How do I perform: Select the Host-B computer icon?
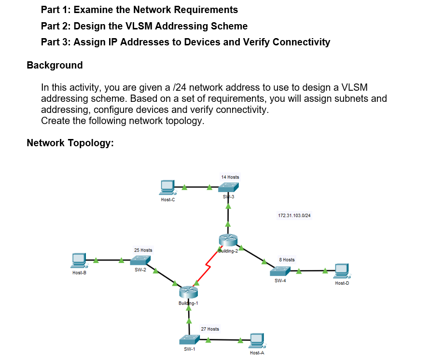[x=79, y=261]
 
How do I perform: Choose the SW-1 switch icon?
[x=189, y=340]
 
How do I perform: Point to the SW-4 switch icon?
[x=280, y=271]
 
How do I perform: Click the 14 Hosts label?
[x=230, y=177]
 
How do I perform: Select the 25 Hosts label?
[x=143, y=250]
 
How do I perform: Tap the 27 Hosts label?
[x=210, y=329]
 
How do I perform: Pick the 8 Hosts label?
[x=287, y=260]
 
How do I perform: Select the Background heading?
[x=55, y=65]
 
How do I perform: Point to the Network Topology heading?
[x=70, y=143]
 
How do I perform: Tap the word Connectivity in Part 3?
[x=301, y=42]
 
